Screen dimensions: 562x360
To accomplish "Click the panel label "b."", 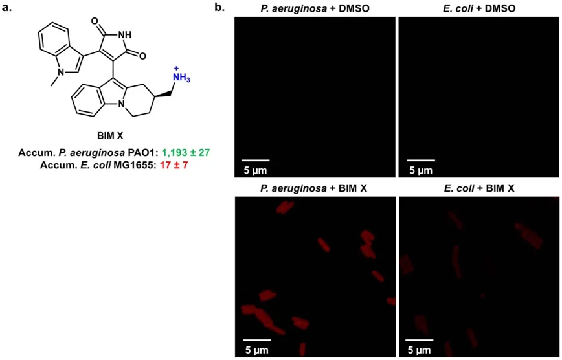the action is (x=218, y=8).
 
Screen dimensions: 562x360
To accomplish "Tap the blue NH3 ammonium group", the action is (x=182, y=78).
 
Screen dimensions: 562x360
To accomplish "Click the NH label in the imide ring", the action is (x=124, y=35).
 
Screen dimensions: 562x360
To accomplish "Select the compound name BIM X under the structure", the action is (x=109, y=135).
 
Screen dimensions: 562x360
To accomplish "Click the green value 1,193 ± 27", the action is (x=186, y=153).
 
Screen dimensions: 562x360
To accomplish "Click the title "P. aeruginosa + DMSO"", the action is (x=315, y=8).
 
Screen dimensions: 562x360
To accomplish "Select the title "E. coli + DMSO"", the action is (x=479, y=8).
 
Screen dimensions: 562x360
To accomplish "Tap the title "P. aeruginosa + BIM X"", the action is (x=313, y=188).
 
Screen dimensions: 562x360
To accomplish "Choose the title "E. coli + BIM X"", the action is (x=478, y=188).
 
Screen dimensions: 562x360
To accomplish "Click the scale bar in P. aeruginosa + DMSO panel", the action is (x=256, y=160).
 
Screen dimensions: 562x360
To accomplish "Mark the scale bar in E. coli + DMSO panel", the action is (x=421, y=160).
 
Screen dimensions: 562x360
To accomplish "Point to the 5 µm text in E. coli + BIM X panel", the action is (x=420, y=350).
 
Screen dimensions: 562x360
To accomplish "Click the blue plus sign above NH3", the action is (x=176, y=68).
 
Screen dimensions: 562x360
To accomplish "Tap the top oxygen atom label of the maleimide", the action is (x=95, y=21).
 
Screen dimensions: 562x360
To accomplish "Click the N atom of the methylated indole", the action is (x=62, y=73).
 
